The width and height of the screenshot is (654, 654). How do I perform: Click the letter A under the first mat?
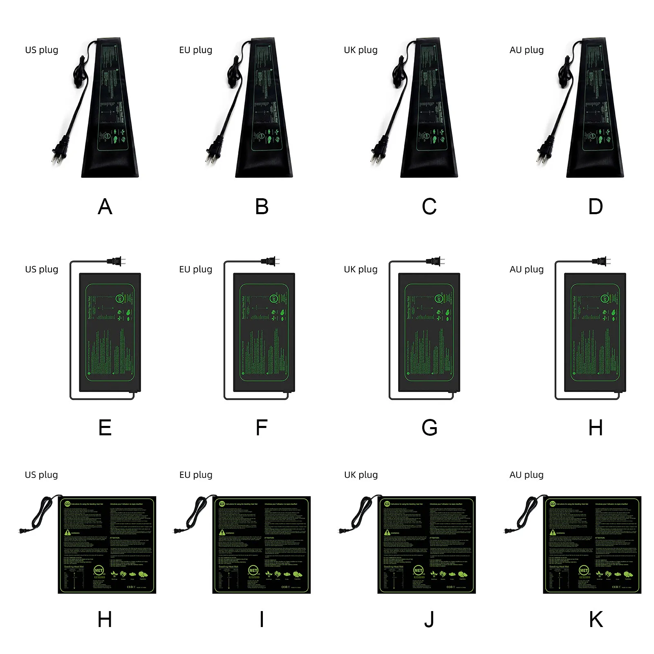click(105, 207)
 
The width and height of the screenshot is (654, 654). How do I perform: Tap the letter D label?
click(596, 207)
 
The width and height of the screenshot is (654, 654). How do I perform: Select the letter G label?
click(429, 428)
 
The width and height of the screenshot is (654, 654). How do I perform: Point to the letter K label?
click(596, 620)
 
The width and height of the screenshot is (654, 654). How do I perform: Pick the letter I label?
click(262, 620)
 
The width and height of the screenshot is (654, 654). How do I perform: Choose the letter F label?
click(262, 428)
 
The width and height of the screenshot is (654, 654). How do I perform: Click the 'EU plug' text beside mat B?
click(196, 50)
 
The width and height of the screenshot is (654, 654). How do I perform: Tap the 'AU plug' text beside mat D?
click(526, 50)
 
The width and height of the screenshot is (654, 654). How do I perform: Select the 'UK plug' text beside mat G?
click(361, 269)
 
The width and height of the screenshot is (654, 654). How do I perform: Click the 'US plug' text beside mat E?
click(42, 269)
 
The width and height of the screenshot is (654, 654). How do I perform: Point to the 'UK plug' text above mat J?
click(361, 475)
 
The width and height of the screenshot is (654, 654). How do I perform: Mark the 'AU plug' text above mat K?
click(526, 475)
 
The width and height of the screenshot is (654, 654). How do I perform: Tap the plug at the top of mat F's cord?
click(271, 261)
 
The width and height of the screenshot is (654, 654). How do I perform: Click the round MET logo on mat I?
click(253, 571)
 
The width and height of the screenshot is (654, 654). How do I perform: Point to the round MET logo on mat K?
click(584, 571)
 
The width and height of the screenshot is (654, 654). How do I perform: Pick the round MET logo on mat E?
click(120, 298)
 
